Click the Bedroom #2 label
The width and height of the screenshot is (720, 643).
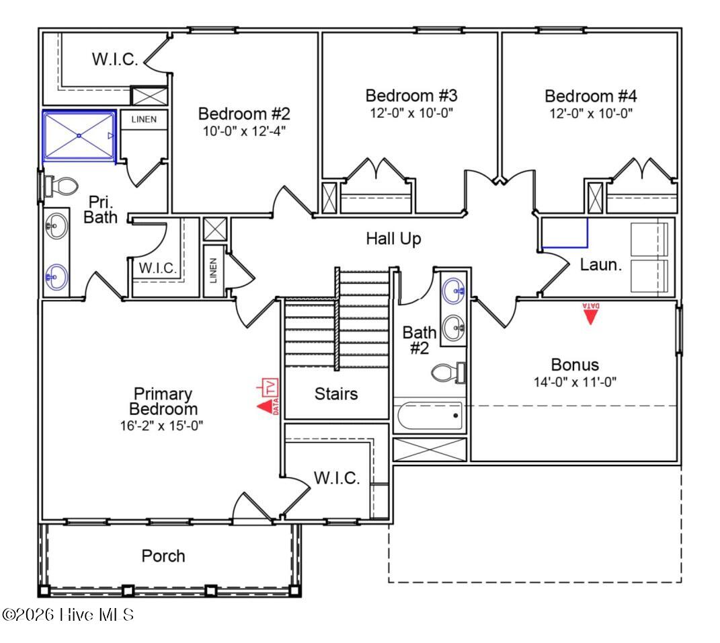click(x=244, y=114)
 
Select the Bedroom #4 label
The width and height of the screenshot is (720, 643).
click(x=589, y=96)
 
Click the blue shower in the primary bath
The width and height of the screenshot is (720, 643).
click(x=79, y=136)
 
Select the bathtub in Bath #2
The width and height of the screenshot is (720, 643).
click(x=430, y=416)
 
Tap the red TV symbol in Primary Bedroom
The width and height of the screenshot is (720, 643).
click(x=270, y=387)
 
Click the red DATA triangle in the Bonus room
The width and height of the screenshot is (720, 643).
click(x=590, y=314)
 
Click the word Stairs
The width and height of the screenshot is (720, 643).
click(x=336, y=393)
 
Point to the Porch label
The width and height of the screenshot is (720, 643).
click(x=163, y=556)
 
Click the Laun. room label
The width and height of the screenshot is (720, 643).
click(x=600, y=265)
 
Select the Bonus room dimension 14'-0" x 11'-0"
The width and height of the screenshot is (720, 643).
click(x=575, y=381)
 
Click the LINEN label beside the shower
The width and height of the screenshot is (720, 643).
click(x=144, y=120)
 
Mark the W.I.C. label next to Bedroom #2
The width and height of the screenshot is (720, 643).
click(x=115, y=59)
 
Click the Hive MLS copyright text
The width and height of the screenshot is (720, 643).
click(x=68, y=614)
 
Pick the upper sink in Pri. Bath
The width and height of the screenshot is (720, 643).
click(x=56, y=225)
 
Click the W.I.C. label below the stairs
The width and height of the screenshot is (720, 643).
click(x=337, y=478)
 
